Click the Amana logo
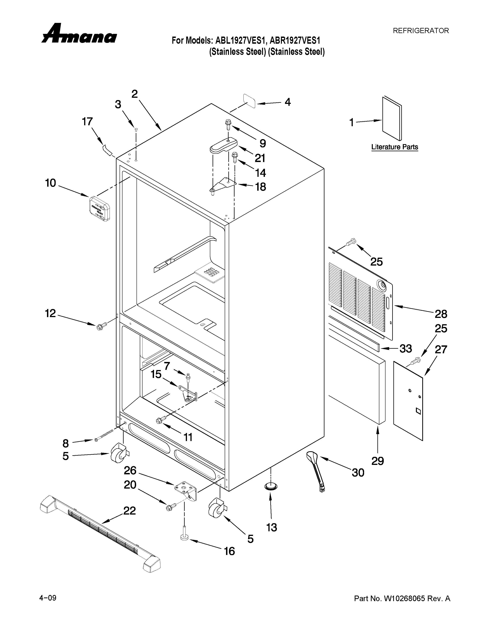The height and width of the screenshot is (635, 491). (x=79, y=34)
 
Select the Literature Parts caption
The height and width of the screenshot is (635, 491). (x=394, y=147)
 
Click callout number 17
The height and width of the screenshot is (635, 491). (x=87, y=122)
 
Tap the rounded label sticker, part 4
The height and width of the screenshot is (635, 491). (x=250, y=101)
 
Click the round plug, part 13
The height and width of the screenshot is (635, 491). (x=271, y=486)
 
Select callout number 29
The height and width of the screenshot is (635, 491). (x=378, y=461)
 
